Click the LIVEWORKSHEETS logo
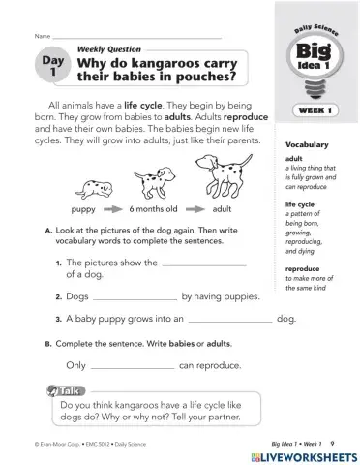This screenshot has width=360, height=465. point(303,454)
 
